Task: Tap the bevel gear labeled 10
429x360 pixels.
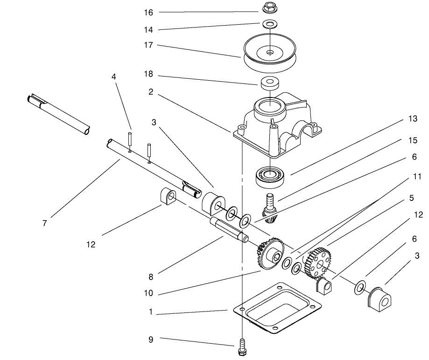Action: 269,254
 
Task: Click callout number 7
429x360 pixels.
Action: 44,223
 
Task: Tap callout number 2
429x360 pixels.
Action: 150,92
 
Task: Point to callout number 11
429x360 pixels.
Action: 417,177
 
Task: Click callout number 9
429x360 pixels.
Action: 150,339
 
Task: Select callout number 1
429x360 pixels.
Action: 150,312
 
